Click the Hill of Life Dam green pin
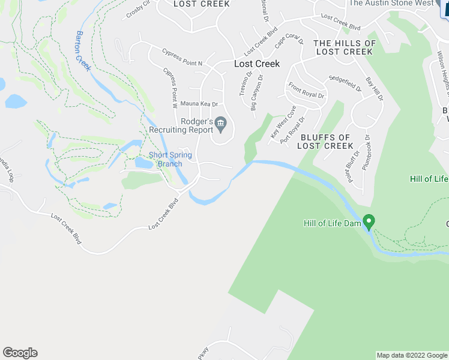pyautogui.click(x=369, y=221)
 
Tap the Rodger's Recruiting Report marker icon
pyautogui.click(x=220, y=125)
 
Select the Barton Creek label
pyautogui.click(x=83, y=50)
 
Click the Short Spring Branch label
pyautogui.click(x=170, y=160)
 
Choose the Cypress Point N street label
pyautogui.click(x=182, y=58)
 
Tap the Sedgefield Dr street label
pyautogui.click(x=345, y=83)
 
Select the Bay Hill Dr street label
pyautogui.click(x=374, y=89)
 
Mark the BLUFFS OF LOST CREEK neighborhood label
pyautogui.click(x=325, y=142)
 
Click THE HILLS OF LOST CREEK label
pyautogui.click(x=345, y=47)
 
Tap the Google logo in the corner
pyautogui.click(x=20, y=353)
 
